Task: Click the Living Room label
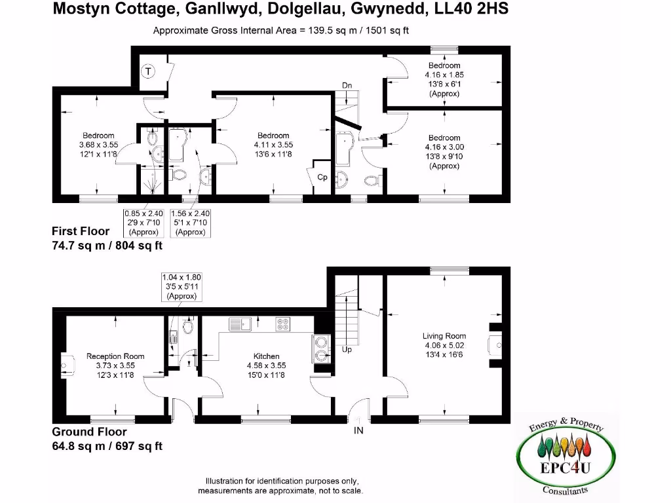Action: (444, 336)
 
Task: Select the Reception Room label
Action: (115, 356)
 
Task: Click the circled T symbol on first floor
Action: (148, 71)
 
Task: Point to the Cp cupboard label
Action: (322, 177)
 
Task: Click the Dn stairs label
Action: (348, 86)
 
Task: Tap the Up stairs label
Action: (347, 350)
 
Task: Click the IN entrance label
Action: (358, 430)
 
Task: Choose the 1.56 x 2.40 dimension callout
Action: (190, 223)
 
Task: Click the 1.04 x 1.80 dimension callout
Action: (182, 287)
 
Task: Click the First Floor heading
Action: (81, 231)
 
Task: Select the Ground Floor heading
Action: (89, 432)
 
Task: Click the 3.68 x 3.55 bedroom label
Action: (98, 145)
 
